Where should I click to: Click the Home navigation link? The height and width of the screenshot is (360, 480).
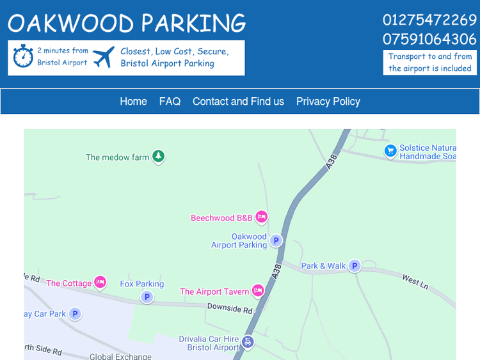click(x=133, y=102)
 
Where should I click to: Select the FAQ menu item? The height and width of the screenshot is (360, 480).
click(x=170, y=102)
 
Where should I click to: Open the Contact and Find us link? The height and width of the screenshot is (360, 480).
click(x=238, y=102)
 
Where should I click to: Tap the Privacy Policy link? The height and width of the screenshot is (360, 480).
click(x=328, y=102)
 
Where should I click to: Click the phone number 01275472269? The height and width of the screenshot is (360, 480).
click(x=429, y=20)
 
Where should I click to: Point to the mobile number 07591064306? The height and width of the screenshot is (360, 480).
click(x=429, y=39)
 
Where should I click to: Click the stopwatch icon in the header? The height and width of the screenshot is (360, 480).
click(x=23, y=56)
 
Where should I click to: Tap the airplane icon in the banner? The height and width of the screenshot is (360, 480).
click(x=104, y=57)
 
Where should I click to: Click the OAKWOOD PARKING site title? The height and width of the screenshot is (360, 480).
click(x=127, y=23)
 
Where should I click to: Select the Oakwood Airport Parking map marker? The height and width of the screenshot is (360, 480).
click(x=276, y=240)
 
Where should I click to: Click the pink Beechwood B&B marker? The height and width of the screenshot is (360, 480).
click(x=261, y=217)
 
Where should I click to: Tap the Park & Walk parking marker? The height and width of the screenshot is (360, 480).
click(x=354, y=266)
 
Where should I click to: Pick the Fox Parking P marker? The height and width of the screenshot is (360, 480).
click(x=147, y=297)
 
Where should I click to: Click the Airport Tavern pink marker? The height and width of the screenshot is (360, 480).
click(x=258, y=291)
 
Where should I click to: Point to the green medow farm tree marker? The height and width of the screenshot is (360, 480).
click(x=158, y=157)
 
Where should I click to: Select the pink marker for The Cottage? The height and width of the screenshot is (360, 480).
click(x=100, y=282)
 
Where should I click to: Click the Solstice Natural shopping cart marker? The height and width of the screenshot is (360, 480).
click(x=390, y=151)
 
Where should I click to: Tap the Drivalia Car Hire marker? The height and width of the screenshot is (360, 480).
click(x=248, y=343)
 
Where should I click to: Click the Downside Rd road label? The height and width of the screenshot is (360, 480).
click(x=230, y=309)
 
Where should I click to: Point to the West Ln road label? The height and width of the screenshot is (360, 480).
click(x=415, y=281)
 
